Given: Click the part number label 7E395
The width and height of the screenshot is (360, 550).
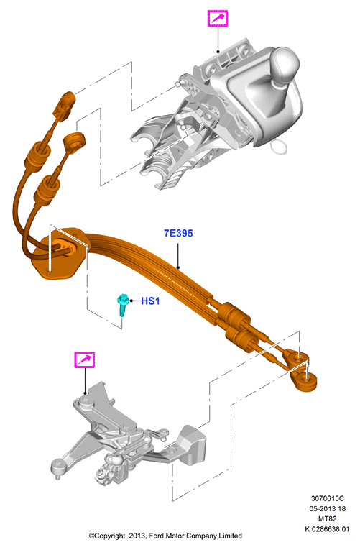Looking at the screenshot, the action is (x=178, y=233).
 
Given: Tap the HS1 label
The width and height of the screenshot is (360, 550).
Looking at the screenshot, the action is (x=150, y=301).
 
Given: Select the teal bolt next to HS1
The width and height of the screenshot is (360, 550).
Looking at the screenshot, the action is (x=122, y=304).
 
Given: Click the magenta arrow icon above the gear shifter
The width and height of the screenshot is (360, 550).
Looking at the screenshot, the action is (x=218, y=18).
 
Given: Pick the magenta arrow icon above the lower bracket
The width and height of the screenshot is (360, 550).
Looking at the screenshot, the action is (x=85, y=359).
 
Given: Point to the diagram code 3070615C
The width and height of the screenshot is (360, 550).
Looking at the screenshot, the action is (x=328, y=498).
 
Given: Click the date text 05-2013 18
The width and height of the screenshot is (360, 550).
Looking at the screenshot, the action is (x=328, y=508).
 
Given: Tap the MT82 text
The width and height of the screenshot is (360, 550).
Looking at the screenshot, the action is (x=328, y=519).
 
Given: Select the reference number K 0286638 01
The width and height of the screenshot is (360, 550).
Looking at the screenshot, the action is (x=327, y=529).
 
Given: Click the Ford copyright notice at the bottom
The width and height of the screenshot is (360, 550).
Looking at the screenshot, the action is (x=165, y=536).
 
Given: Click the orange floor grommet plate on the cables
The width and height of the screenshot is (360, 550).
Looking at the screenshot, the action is (x=59, y=253).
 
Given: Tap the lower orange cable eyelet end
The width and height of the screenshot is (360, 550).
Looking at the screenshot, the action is (x=304, y=381).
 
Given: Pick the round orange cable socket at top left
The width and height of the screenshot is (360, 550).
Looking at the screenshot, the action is (x=74, y=143).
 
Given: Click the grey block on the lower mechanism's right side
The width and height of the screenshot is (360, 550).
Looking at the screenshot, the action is (x=192, y=444).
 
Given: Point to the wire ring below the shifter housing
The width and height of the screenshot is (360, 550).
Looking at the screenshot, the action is (x=280, y=146).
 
